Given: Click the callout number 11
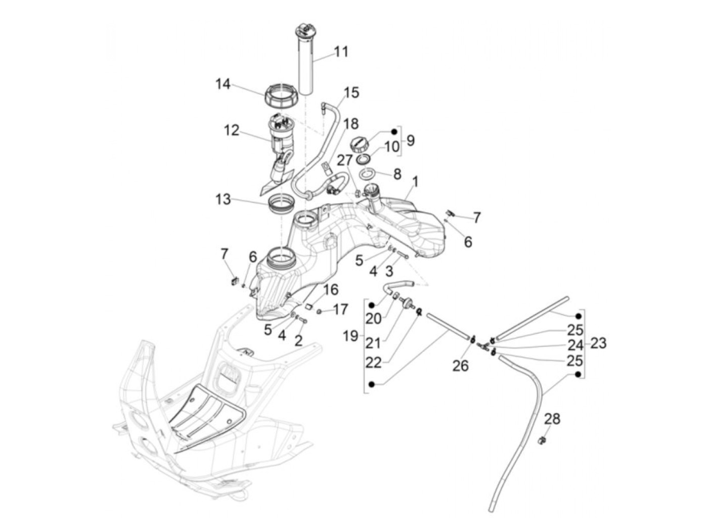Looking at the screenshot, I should click(341, 52).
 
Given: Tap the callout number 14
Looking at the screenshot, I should click(223, 84).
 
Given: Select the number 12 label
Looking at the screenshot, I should click(232, 130).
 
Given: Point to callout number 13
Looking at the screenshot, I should click(223, 199).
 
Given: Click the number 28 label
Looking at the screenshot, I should click(553, 419).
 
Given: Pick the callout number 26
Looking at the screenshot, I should click(461, 365).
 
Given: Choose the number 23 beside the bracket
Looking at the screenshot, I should click(598, 343).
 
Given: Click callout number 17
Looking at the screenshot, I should click(341, 308).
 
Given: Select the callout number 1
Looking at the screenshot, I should click(415, 182).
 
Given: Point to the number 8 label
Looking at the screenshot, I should click(397, 174).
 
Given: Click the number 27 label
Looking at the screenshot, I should click(345, 160).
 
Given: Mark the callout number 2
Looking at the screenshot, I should click(298, 341).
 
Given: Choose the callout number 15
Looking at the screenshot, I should click(351, 93).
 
